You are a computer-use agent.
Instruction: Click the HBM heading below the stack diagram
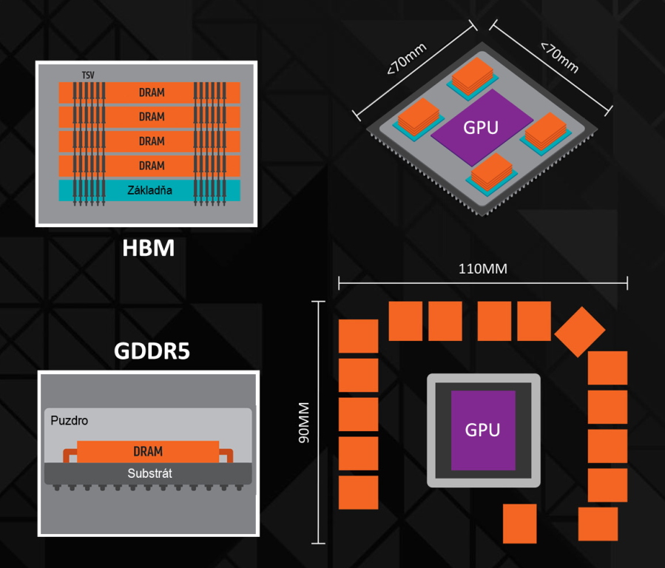tap(148, 248)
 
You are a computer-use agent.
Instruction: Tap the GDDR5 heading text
tap(152, 351)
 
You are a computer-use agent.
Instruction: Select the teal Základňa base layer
tap(151, 191)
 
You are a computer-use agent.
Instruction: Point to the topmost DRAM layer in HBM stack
tap(151, 92)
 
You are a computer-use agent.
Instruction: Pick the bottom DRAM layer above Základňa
tap(151, 166)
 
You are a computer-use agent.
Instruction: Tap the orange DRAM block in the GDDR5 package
tap(148, 451)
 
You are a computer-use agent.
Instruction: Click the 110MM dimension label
tap(482, 269)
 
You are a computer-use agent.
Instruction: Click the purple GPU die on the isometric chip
tap(482, 126)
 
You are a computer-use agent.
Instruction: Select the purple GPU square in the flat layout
tap(483, 429)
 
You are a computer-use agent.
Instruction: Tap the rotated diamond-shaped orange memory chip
tap(579, 331)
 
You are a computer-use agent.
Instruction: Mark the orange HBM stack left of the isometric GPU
tap(419, 116)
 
